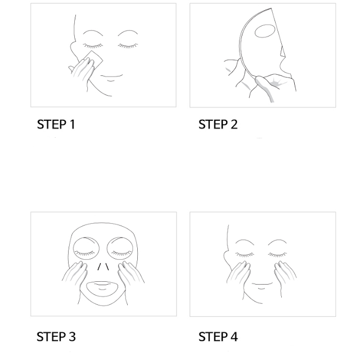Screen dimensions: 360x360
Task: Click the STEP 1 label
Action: [x=56, y=124]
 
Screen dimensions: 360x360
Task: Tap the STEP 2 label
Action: [x=218, y=124]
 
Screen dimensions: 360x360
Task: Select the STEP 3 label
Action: [x=56, y=337]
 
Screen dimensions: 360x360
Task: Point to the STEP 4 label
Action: [x=218, y=337]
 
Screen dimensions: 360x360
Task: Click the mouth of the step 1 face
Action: [x=111, y=76]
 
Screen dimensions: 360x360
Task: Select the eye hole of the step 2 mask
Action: [x=265, y=31]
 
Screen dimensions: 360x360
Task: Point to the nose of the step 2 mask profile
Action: [x=282, y=52]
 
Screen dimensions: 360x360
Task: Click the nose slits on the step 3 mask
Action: [x=103, y=267]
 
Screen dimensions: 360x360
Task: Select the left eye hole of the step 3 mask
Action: [x=86, y=249]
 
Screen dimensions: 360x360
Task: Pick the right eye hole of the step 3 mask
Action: [x=120, y=249]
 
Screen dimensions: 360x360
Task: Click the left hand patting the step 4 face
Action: [x=238, y=274]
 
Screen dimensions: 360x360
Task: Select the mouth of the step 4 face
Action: [x=262, y=284]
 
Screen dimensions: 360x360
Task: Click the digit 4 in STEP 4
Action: [x=233, y=337]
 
